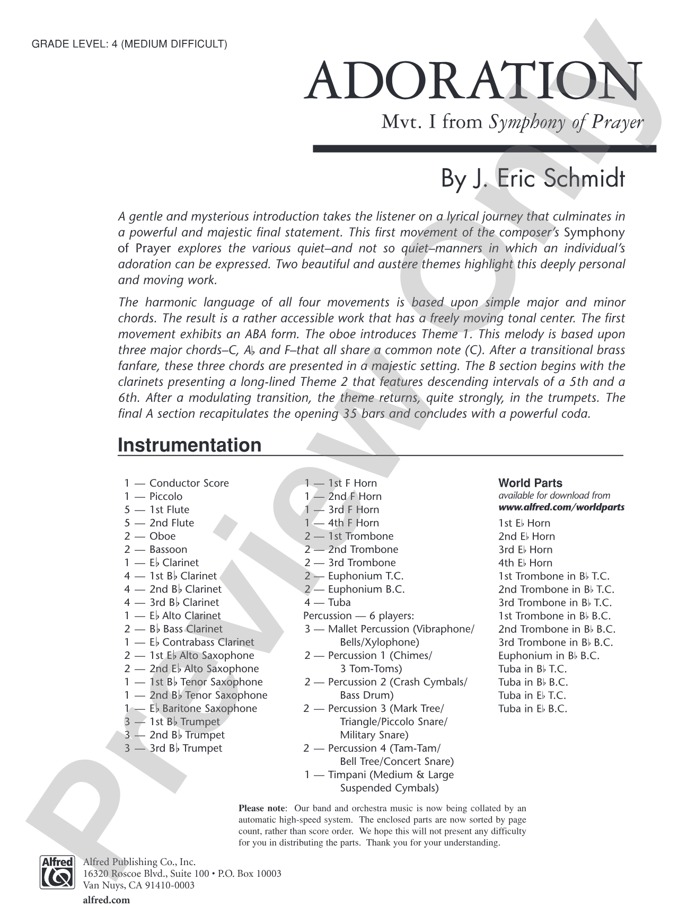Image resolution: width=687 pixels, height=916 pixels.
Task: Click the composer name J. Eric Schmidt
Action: click(533, 179)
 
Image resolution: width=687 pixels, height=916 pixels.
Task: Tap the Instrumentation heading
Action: click(189, 445)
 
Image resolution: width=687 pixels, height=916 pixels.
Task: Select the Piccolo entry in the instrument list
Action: click(165, 496)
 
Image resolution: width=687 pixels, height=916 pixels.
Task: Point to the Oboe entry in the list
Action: click(162, 536)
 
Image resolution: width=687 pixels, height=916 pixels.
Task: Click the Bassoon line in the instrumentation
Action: click(168, 549)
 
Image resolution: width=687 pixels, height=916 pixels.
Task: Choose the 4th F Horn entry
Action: click(353, 523)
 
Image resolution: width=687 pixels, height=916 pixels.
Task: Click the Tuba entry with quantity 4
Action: click(339, 602)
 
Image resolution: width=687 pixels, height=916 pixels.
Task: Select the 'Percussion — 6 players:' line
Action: click(358, 615)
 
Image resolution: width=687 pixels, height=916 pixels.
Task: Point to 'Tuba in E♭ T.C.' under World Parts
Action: click(532, 695)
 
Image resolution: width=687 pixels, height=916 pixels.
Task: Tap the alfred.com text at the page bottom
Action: click(106, 900)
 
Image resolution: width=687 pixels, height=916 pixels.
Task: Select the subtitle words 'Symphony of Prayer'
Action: click(566, 122)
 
